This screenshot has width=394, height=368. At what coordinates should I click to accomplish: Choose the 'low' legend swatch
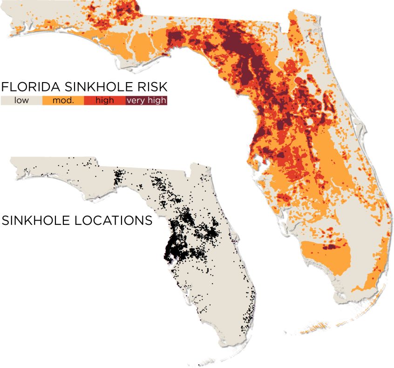(21, 100)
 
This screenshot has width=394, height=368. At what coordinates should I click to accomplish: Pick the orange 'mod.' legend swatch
(63, 100)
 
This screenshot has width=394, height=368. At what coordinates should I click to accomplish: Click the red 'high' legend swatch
(104, 100)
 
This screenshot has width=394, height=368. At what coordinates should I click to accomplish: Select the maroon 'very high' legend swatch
(146, 100)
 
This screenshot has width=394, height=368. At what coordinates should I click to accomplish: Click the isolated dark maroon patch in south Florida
(331, 247)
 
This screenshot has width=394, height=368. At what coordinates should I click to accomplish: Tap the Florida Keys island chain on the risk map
(321, 326)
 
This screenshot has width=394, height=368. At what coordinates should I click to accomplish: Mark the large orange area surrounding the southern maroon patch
(326, 259)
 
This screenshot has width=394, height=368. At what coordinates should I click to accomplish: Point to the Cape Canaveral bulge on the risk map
(359, 124)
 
